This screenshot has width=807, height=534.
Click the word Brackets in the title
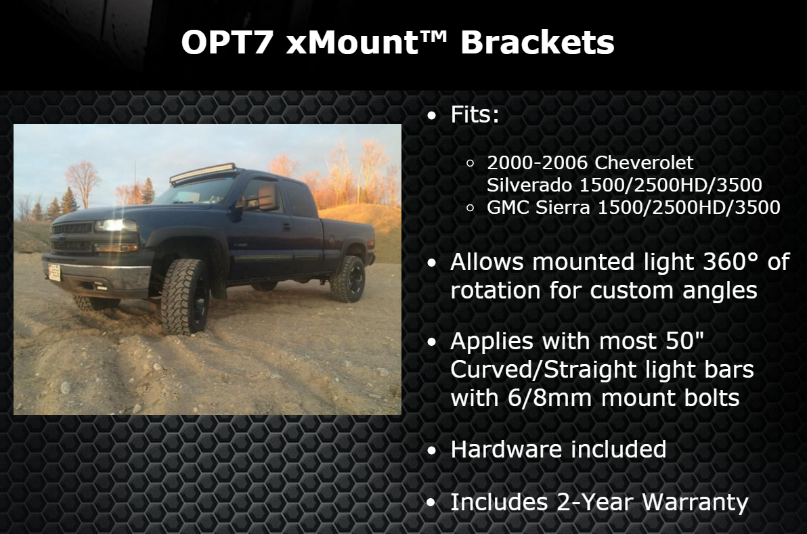click(538, 42)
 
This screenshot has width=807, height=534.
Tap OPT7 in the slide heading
click(226, 42)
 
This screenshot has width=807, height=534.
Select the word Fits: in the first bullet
click(475, 114)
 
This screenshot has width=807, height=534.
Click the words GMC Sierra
click(538, 207)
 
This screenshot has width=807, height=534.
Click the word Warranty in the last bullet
click(695, 503)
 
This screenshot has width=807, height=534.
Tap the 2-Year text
click(594, 502)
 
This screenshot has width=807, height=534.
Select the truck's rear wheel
click(349, 278)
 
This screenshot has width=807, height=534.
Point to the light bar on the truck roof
click(204, 173)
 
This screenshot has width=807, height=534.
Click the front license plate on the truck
click(54, 271)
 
